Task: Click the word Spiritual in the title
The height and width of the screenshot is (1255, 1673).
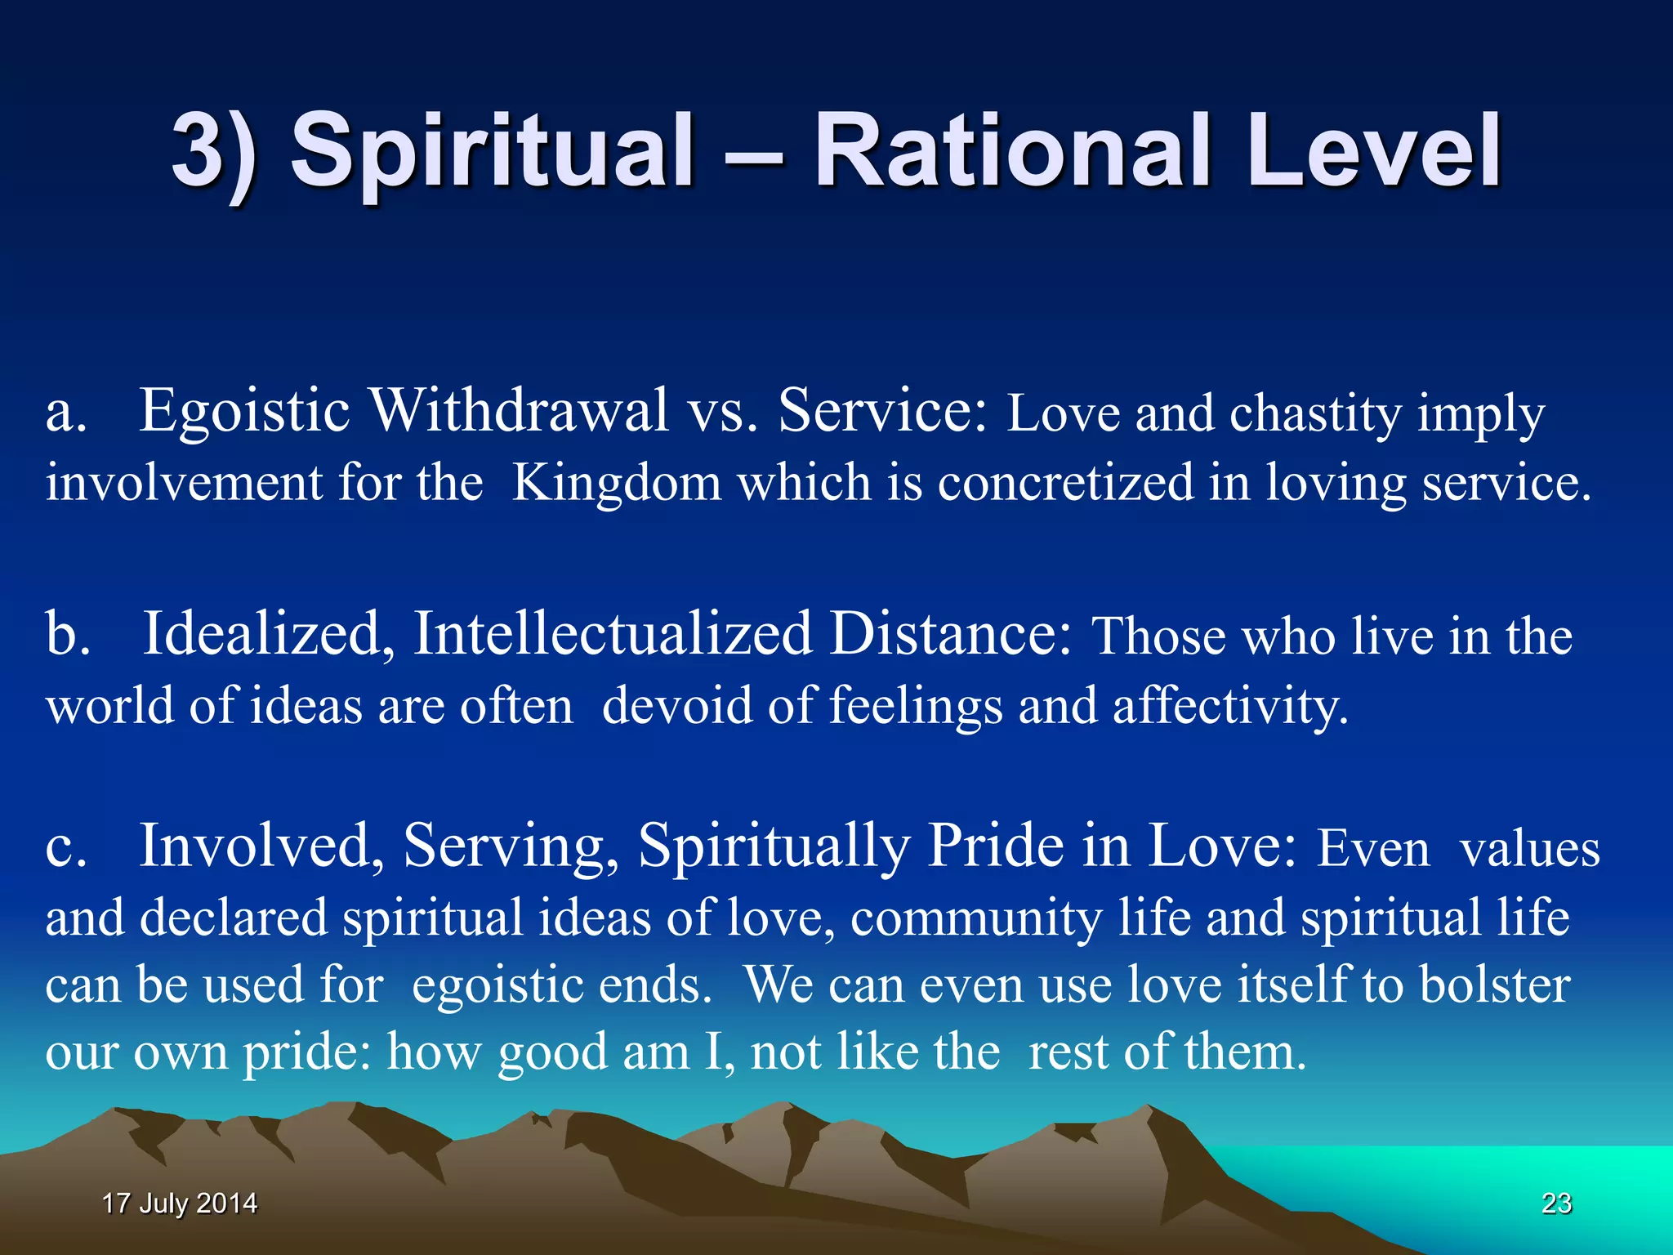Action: tap(492, 151)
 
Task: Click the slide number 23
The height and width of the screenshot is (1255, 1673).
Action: tap(1556, 1203)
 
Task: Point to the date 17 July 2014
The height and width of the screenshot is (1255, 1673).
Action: tap(180, 1203)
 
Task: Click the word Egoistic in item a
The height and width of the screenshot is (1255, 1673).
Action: tap(245, 411)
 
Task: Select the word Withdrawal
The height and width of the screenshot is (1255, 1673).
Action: tap(520, 411)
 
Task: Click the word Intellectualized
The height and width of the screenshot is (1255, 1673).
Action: tap(613, 634)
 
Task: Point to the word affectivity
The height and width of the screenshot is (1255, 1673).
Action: tap(1229, 706)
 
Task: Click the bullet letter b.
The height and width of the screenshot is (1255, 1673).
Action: tap(67, 634)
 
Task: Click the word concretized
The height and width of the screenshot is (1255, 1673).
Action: tap(1065, 484)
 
